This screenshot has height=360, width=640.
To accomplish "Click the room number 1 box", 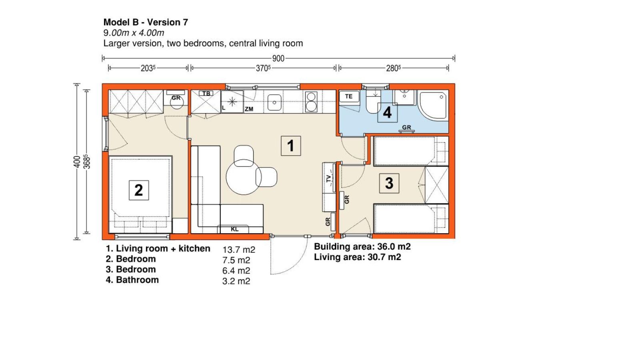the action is pyautogui.click(x=291, y=146).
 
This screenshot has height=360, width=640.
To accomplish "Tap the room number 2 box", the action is pyautogui.click(x=139, y=190).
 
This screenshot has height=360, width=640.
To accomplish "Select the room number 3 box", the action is pyautogui.click(x=389, y=183).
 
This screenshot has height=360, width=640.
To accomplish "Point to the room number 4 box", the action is pyautogui.click(x=387, y=112).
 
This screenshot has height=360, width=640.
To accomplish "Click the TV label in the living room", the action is pyautogui.click(x=329, y=178).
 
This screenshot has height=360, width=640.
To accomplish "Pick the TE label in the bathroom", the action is pyautogui.click(x=348, y=96).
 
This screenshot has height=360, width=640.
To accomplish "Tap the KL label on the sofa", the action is pyautogui.click(x=234, y=229).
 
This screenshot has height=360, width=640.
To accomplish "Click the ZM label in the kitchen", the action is pyautogui.click(x=249, y=109).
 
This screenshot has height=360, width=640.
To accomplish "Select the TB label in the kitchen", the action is pyautogui.click(x=206, y=94).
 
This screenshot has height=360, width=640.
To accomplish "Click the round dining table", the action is pyautogui.click(x=244, y=177).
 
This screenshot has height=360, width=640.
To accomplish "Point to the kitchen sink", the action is pyautogui.click(x=274, y=102).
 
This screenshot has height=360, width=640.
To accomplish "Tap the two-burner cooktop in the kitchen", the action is pyautogui.click(x=311, y=102).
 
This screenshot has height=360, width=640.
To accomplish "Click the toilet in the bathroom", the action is pyautogui.click(x=373, y=102).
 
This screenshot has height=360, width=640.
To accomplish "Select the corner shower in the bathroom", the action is pyautogui.click(x=433, y=104).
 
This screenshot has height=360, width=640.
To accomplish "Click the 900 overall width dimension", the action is pyautogui.click(x=278, y=58).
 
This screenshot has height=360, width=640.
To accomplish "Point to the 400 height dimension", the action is pyautogui.click(x=77, y=162).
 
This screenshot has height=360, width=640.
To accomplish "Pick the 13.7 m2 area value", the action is pyautogui.click(x=238, y=250).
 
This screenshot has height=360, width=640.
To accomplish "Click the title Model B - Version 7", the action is pyautogui.click(x=146, y=22).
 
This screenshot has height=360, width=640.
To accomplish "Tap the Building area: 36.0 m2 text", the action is pyautogui.click(x=362, y=246).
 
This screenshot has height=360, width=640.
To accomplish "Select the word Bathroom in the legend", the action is pyautogui.click(x=138, y=280).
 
